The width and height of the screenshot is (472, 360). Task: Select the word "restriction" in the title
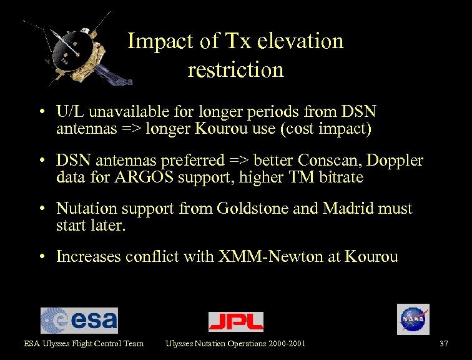[235, 69]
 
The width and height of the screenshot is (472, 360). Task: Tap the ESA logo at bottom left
[79, 320]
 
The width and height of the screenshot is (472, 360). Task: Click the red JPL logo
[235, 321]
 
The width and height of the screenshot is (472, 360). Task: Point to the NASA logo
[413, 319]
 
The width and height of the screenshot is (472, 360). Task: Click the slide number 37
[444, 343]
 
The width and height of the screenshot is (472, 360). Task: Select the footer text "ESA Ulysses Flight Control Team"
[84, 343]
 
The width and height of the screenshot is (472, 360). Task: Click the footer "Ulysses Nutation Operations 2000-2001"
[235, 343]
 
